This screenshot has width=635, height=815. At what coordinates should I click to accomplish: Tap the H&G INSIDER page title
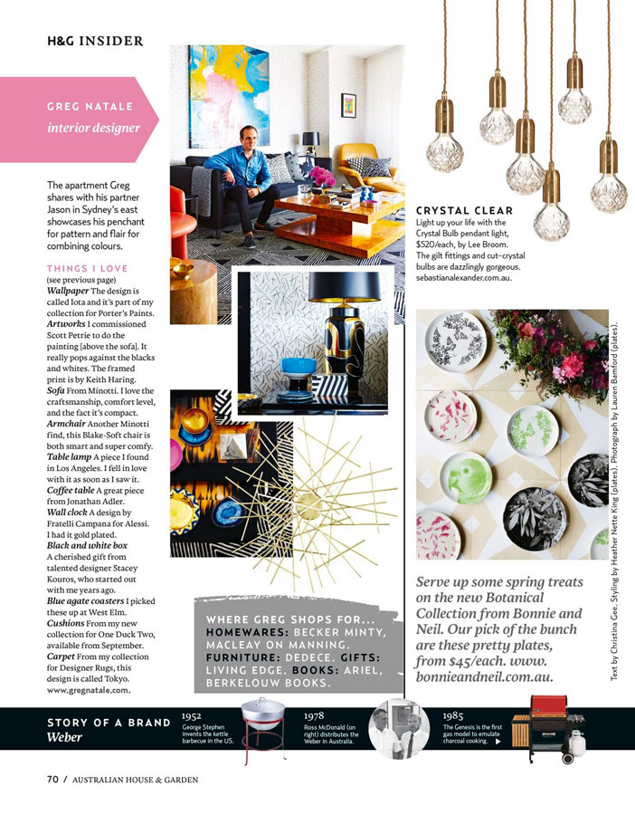pos(95,41)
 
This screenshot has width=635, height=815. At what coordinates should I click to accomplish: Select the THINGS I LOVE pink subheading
pos(87,268)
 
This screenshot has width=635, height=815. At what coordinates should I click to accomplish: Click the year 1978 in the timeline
pos(315,715)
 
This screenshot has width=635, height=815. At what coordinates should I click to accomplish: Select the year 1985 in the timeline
pos(454,715)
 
